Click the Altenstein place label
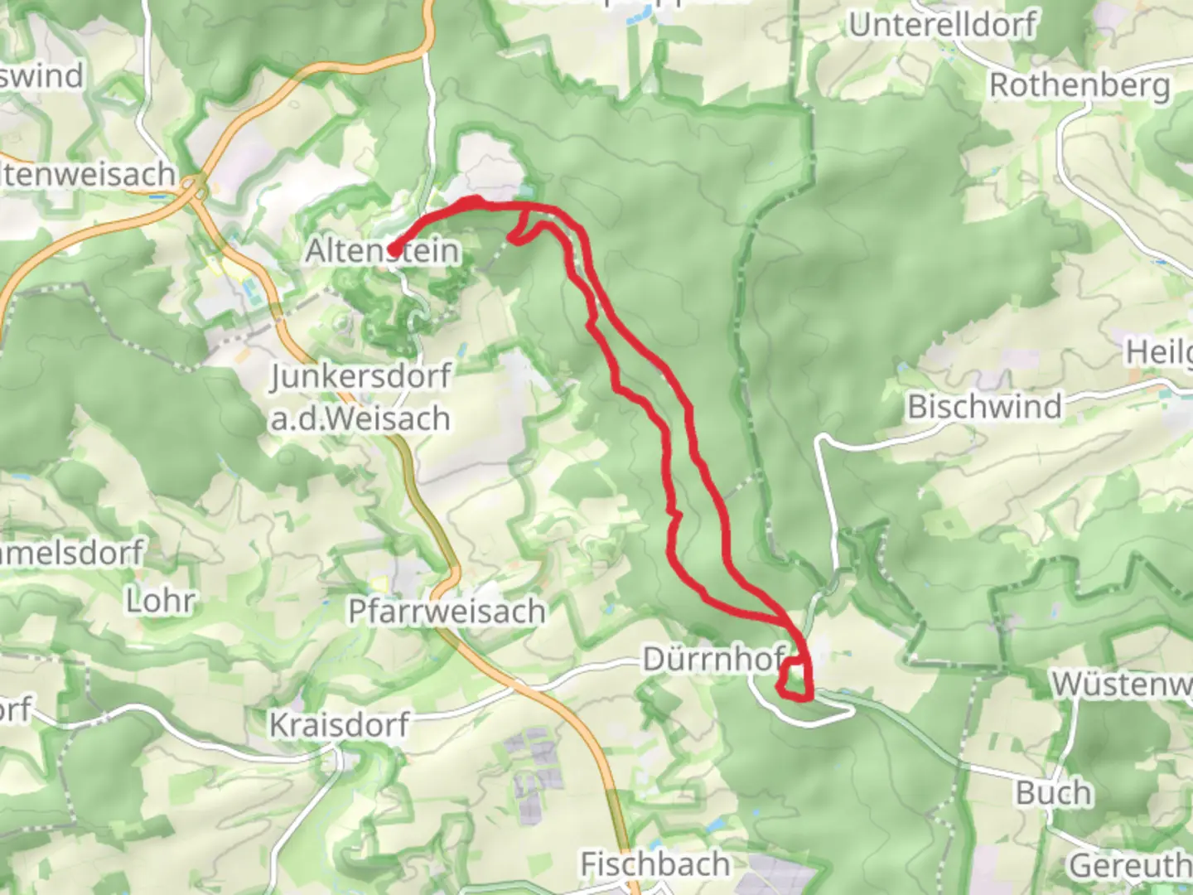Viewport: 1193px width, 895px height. pos(382,250)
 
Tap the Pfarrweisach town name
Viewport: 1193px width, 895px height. pos(447,612)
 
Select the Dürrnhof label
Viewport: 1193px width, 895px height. pos(713,660)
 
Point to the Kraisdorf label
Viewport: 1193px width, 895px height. pos(339,725)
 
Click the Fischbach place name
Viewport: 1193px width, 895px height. pos(654,864)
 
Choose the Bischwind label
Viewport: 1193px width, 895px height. pos(984,407)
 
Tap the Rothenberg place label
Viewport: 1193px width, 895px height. pos(1079,85)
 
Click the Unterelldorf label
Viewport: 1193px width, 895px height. pos(942,26)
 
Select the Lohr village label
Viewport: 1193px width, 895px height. pos(161,601)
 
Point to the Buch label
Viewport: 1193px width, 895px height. pos(1053,793)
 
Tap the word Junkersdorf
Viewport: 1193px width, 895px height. pos(360,377)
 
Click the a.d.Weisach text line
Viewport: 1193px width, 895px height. pos(360,419)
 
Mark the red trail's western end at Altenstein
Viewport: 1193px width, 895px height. pos(392,250)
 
